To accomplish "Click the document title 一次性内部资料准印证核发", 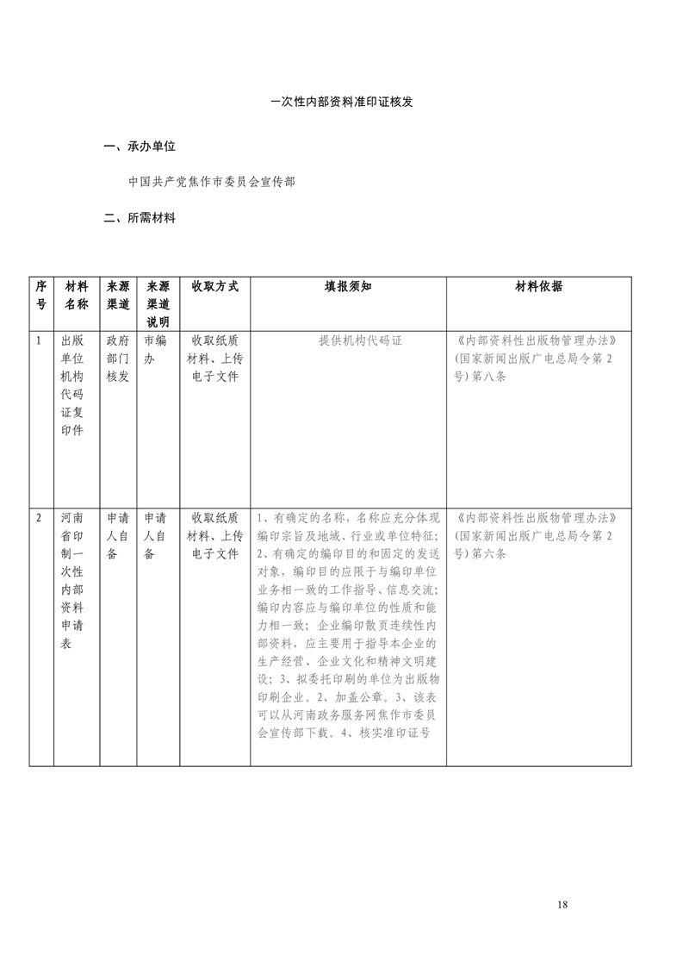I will (342, 101).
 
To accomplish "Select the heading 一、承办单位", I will (139, 147).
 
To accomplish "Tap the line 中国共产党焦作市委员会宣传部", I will (211, 183).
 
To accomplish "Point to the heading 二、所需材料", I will (139, 218).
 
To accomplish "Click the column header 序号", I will (40, 295).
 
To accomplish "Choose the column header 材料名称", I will (77, 295).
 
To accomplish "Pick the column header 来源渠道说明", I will (158, 303).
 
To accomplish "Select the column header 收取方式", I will (214, 286).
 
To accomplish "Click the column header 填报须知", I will (348, 286).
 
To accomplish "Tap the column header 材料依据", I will (538, 286).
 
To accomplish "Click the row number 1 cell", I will (40, 340).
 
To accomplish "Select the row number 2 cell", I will (40, 518).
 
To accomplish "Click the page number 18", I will (562, 904).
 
